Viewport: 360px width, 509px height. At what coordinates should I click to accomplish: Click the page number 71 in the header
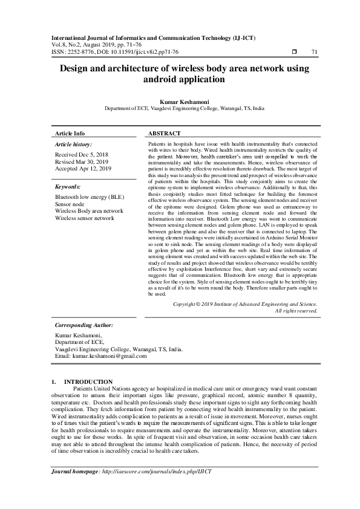(314, 52)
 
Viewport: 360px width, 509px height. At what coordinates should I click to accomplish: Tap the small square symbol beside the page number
(294, 52)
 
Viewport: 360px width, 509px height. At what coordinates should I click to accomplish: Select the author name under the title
(180, 102)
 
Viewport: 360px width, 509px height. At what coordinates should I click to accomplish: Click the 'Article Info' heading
(70, 133)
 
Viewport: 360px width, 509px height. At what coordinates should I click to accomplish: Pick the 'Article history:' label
(73, 145)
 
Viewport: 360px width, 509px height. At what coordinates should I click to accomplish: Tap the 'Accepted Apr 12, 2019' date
(83, 169)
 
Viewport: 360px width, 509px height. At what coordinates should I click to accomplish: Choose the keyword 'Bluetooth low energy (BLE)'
(90, 197)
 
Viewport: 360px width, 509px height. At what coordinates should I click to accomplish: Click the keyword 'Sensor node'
(70, 204)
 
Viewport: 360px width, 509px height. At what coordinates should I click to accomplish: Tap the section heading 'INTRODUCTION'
(88, 381)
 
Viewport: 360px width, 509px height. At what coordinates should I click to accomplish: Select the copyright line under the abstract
(245, 304)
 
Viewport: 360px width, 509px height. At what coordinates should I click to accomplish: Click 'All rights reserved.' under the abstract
(296, 311)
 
